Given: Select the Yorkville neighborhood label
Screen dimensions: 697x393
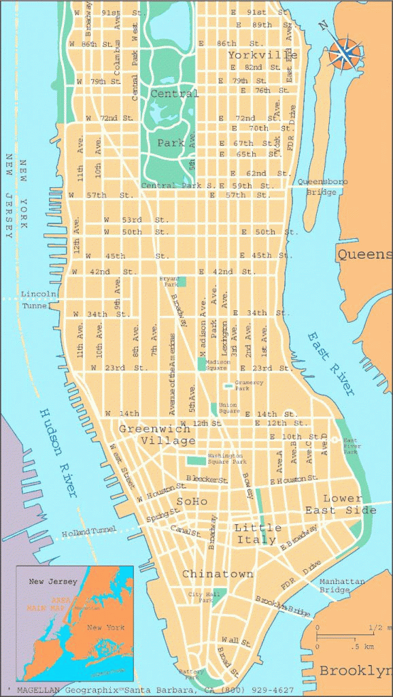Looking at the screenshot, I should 262,54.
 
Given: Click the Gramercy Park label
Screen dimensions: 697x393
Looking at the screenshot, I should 248,385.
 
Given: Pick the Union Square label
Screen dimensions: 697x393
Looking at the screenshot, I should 228,408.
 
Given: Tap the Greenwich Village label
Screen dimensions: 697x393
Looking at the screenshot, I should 157,435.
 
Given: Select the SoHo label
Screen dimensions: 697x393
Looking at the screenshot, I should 192,502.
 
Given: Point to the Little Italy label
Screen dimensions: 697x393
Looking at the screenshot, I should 258,534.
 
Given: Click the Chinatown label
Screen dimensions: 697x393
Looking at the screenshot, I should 218,574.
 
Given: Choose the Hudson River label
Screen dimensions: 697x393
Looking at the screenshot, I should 59,453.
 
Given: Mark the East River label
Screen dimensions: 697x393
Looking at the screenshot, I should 330,363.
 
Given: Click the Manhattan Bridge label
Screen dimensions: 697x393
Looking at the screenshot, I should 343,587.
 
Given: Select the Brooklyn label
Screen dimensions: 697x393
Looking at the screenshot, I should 356,670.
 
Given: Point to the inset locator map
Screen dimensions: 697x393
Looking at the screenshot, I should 75,623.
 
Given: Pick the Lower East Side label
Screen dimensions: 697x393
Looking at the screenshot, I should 339,504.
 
